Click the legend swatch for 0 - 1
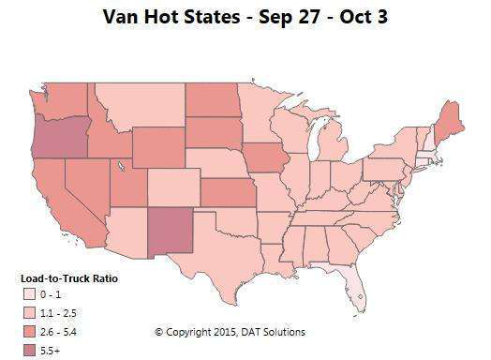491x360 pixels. tap(30, 295)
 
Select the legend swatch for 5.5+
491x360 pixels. tap(30, 351)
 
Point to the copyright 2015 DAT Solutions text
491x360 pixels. tap(230, 332)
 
